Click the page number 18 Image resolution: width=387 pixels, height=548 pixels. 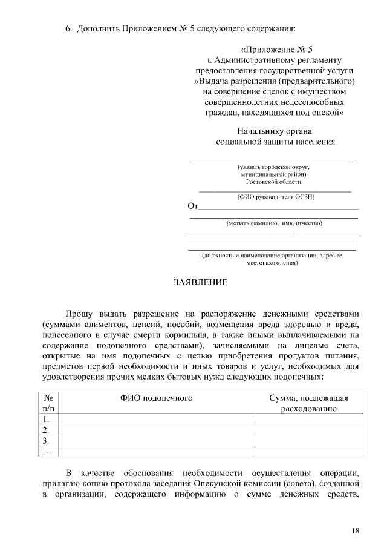(x=356, y=530)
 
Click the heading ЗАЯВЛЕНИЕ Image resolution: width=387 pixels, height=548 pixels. (x=201, y=283)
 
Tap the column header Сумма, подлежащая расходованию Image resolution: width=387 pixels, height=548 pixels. (x=308, y=403)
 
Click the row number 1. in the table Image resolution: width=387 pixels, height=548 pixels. (x=45, y=419)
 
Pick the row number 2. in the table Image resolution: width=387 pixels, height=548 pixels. (x=45, y=430)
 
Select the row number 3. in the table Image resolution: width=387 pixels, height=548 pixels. (x=45, y=441)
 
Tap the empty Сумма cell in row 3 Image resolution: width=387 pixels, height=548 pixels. (x=308, y=441)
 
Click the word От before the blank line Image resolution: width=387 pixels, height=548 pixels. (x=193, y=207)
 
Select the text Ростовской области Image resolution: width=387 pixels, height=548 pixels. (x=273, y=181)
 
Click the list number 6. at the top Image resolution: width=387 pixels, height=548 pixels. (x=69, y=28)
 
